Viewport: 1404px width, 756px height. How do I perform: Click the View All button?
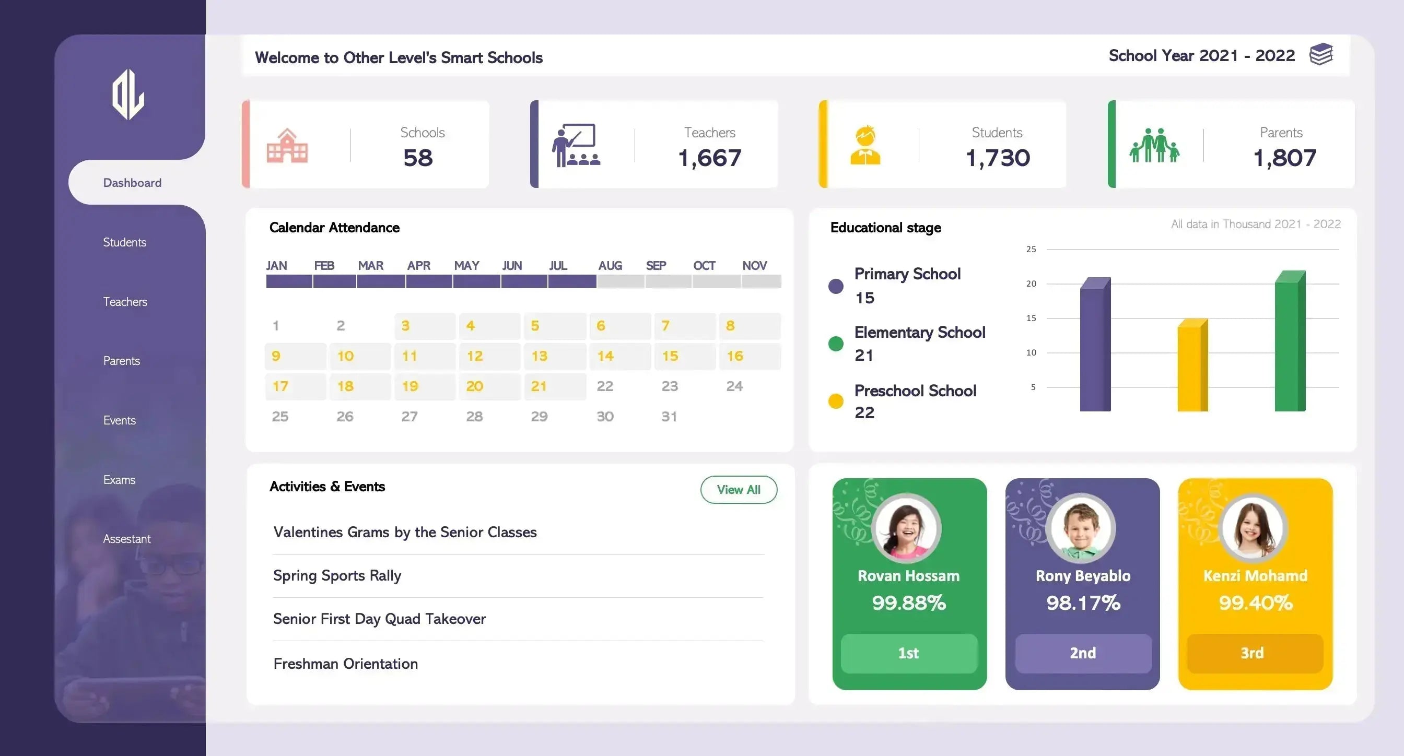click(739, 490)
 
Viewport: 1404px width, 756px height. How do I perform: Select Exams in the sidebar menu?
click(120, 480)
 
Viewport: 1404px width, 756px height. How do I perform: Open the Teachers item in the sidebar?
click(125, 302)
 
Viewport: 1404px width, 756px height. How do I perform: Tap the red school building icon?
click(287, 146)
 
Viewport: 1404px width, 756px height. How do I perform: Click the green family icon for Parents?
click(1154, 146)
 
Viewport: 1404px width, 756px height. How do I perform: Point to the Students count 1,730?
click(998, 158)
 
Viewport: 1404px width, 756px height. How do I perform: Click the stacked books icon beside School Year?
click(1320, 54)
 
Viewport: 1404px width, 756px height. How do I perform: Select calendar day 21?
click(539, 386)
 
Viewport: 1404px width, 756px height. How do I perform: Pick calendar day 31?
click(669, 417)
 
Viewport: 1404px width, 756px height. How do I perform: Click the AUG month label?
click(610, 266)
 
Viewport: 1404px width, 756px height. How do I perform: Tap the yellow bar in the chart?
click(1192, 366)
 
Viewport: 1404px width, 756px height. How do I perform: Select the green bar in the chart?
click(1289, 342)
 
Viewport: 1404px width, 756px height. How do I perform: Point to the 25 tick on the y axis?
click(1031, 250)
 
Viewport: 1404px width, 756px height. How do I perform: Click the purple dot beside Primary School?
click(836, 286)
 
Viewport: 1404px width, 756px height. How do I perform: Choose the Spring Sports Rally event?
click(337, 576)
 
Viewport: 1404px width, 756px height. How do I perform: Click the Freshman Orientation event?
click(346, 664)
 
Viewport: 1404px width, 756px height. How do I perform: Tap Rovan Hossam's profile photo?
click(906, 528)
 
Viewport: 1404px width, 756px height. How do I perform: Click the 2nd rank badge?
click(1083, 653)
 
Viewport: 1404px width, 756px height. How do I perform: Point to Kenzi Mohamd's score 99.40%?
click(1255, 603)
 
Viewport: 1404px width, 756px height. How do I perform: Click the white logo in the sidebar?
click(128, 95)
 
